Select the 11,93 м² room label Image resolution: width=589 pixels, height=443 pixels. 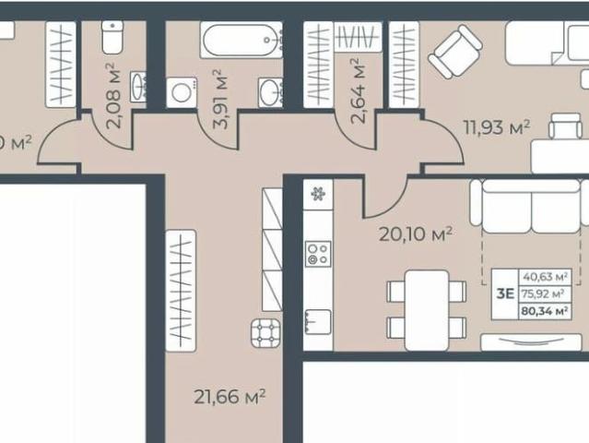(x=496, y=127)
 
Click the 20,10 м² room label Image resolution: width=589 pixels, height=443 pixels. (x=416, y=234)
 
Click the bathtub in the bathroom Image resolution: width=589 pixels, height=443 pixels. (x=241, y=42)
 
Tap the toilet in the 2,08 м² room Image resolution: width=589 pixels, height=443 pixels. (x=112, y=38)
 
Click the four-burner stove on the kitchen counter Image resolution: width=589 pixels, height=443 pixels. (x=318, y=254)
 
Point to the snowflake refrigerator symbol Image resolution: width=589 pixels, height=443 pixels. (x=318, y=195)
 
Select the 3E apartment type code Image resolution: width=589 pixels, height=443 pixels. (x=505, y=293)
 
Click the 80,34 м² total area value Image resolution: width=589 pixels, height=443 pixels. (x=545, y=311)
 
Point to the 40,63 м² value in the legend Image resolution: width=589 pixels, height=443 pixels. (x=545, y=276)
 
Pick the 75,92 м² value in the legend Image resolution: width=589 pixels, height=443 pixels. (x=545, y=293)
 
